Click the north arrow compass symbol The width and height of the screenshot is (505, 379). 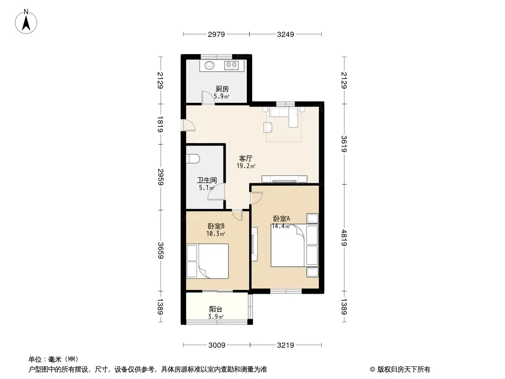click(26, 22)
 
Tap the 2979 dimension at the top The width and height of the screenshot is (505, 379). click(216, 34)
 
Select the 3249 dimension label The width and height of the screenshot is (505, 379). click(286, 34)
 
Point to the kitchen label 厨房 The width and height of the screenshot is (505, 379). click(222, 89)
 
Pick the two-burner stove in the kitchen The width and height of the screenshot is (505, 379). click(231, 65)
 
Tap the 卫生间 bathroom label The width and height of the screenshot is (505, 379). click(207, 180)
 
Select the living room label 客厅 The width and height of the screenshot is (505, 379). click(245, 158)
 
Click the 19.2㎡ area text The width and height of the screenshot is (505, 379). click(246, 166)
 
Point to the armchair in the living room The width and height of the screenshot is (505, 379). click(268, 127)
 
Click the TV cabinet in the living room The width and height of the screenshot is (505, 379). click(284, 179)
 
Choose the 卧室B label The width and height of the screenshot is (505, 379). click(216, 226)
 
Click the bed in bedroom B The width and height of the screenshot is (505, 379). click(213, 261)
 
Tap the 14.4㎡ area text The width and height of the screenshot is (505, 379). click(281, 226)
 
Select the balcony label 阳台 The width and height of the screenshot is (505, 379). click(216, 309)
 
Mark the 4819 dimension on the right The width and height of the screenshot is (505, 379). click(344, 238)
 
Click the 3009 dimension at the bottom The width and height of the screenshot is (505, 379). click(217, 345)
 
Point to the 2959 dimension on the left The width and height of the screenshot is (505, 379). click(161, 177)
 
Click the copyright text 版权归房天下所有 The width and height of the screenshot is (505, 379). click(404, 370)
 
